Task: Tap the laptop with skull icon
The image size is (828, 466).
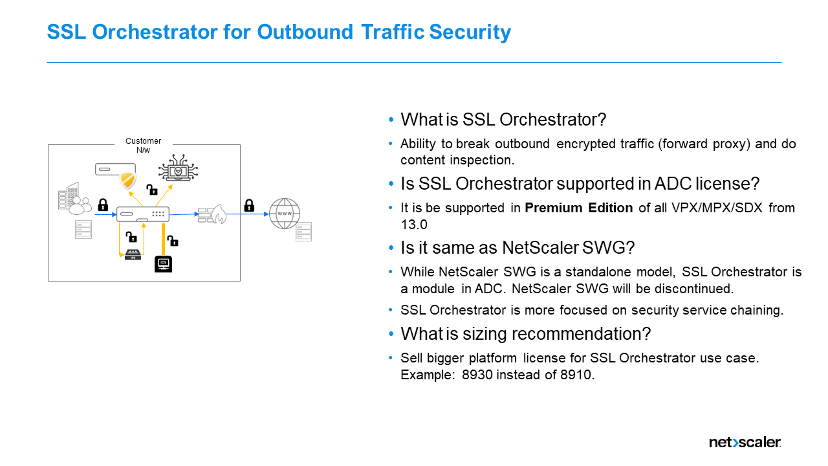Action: click(178, 170)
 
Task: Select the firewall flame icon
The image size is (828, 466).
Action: click(213, 214)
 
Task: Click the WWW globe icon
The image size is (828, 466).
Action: click(284, 214)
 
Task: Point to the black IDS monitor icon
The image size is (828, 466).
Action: click(164, 264)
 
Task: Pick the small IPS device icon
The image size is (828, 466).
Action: click(133, 256)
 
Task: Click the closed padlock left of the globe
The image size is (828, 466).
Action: click(249, 205)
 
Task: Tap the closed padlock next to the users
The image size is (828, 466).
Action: click(103, 205)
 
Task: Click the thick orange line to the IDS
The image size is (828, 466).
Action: click(164, 239)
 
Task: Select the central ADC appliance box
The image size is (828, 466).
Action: click(143, 214)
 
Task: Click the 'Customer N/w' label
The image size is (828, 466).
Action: click(143, 145)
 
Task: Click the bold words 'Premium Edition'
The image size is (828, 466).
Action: click(578, 208)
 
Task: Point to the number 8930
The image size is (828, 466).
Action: click(480, 374)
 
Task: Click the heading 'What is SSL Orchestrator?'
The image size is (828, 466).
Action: click(503, 120)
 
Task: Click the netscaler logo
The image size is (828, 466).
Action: click(745, 443)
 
